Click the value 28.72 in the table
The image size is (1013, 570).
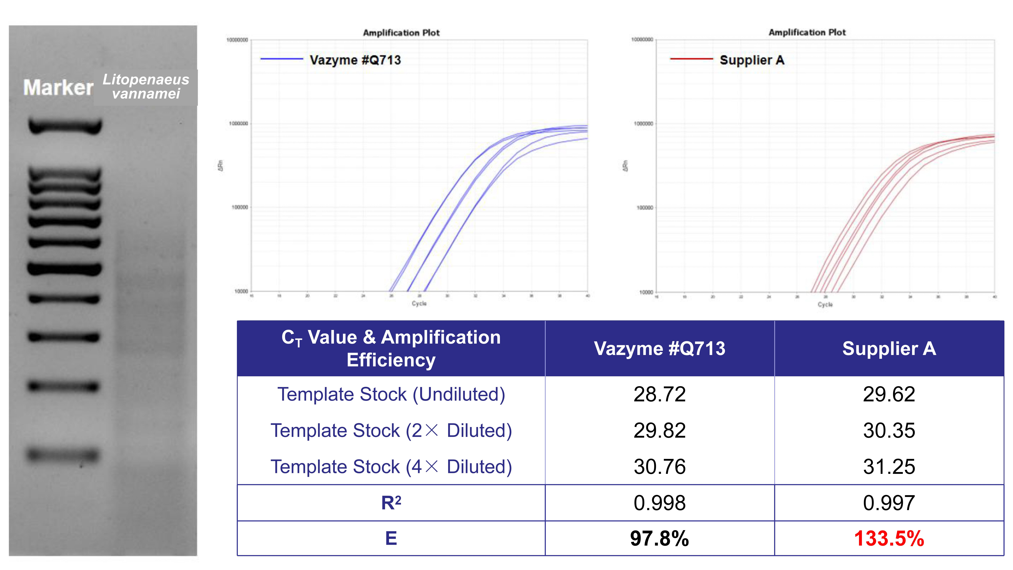click(660, 394)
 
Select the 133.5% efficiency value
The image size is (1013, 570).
click(889, 538)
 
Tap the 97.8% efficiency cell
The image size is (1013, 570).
click(660, 538)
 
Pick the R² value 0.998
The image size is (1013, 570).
click(660, 503)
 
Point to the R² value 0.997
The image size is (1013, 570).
click(889, 503)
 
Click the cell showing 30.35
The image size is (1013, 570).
click(889, 430)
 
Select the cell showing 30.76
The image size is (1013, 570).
click(660, 467)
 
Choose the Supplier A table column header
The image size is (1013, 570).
click(889, 348)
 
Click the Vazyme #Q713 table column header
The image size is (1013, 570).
click(660, 348)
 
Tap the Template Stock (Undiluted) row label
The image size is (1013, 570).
click(391, 394)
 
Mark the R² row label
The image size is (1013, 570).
click(391, 503)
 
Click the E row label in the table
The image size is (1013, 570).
click(391, 538)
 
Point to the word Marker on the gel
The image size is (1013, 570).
click(58, 87)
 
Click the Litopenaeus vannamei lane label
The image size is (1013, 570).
click(146, 87)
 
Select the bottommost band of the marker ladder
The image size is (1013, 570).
click(63, 455)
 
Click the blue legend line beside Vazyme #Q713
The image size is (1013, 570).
click(282, 59)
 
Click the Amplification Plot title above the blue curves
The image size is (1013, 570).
click(401, 33)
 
